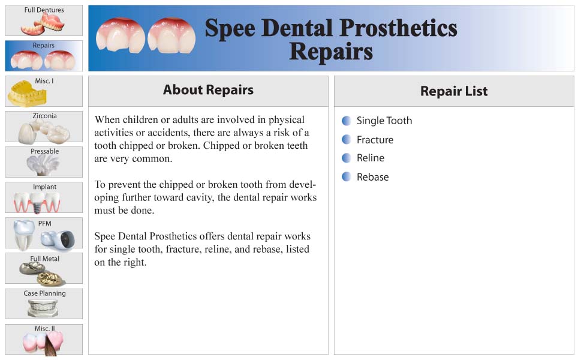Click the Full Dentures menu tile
point(44,20)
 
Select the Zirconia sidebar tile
point(44,127)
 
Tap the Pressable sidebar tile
point(44,162)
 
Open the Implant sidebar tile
point(44,197)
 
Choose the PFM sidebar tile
point(44,233)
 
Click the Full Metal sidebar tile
point(44,268)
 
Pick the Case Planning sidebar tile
point(44,304)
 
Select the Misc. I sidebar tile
point(44,91)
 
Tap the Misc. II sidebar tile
point(44,340)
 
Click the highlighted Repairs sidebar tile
point(44,56)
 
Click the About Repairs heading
point(208,90)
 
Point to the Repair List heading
point(454,91)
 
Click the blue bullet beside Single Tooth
point(347,121)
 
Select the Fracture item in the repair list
point(375,140)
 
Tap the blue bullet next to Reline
point(347,158)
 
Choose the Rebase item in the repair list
point(373,177)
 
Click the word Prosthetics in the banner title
point(398,28)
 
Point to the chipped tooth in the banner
point(120,36)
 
